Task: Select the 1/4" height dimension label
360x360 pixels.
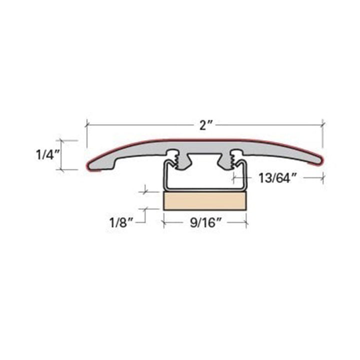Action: click(x=48, y=154)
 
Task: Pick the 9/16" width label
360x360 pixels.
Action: click(x=205, y=222)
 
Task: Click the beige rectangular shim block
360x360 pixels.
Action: click(x=205, y=200)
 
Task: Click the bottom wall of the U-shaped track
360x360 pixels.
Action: click(x=205, y=188)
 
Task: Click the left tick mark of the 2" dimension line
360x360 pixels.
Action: click(x=87, y=125)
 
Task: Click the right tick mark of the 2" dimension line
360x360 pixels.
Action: click(x=322, y=125)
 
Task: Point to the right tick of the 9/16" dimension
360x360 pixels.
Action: click(x=246, y=222)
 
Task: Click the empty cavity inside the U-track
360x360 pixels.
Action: click(x=205, y=172)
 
